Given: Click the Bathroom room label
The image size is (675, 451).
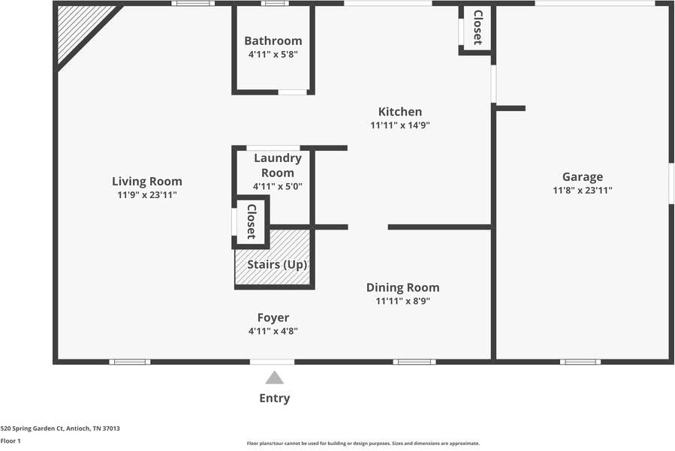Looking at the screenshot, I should tap(273, 41).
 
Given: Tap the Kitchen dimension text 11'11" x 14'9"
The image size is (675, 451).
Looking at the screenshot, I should tap(399, 125).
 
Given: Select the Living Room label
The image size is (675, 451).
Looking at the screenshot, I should tap(147, 181).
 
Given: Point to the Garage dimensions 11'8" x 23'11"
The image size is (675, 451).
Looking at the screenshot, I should tap(583, 191).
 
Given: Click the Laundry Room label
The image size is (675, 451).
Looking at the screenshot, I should tap(278, 165).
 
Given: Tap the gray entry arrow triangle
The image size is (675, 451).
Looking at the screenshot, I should tap(275, 378).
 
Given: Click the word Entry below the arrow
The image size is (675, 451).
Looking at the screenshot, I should tap(275, 398).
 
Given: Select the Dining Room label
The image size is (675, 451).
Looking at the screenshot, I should tap(402, 287).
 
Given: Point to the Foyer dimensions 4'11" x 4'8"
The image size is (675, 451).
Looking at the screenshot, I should tap(273, 331).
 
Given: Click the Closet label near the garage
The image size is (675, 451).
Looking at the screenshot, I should tap(477, 28).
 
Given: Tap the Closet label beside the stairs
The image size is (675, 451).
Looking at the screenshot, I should tap(252, 221).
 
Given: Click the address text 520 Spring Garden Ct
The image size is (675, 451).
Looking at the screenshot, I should tap(60, 428).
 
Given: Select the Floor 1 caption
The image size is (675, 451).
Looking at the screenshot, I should tap(11, 441).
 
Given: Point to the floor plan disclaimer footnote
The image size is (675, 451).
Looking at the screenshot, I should tap(363, 443).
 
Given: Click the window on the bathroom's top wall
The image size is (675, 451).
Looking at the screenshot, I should tap(275, 4).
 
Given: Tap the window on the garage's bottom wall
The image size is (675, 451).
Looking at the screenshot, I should tap(580, 362).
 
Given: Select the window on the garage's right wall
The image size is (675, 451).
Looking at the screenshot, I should tap(670, 182).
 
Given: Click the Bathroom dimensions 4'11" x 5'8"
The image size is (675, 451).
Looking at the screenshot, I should tap(273, 54).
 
